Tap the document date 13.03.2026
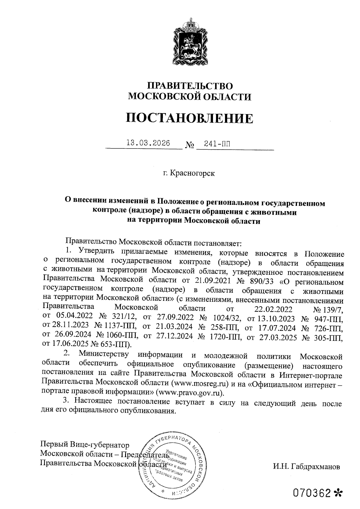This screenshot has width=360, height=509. (x=148, y=143)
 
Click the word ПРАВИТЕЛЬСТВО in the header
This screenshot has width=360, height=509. (x=190, y=86)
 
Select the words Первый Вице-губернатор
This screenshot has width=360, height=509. (x=85, y=445)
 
